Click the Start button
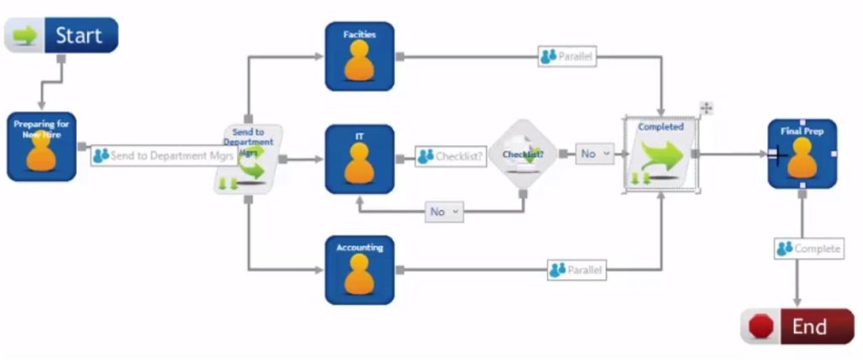[62, 36]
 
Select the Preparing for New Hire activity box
[41, 147]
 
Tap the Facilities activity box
[360, 56]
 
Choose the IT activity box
[360, 159]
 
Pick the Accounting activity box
[360, 270]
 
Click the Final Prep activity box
[801, 153]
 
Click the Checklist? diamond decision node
[523, 155]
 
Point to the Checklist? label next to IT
[451, 157]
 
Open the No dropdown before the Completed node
[595, 154]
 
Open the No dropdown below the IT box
[444, 212]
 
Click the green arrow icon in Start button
[25, 36]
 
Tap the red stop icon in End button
[761, 327]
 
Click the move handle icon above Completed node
[706, 108]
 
